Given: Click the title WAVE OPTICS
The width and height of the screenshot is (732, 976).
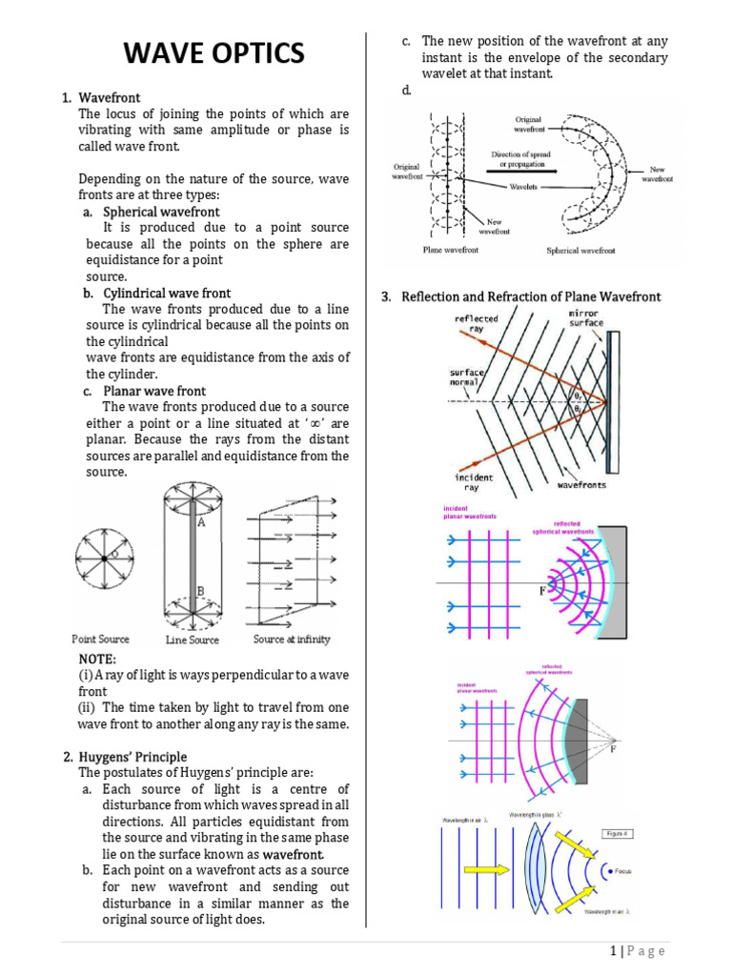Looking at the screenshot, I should [214, 53].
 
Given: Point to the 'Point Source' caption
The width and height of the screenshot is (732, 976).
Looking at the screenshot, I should [100, 639].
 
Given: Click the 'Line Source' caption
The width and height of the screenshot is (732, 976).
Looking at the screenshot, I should [192, 640].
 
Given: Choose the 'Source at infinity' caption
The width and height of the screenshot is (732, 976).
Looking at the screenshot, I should [292, 639].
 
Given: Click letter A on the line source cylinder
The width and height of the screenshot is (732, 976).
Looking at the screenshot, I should [201, 522].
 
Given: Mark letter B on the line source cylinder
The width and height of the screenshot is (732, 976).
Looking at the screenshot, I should [200, 591].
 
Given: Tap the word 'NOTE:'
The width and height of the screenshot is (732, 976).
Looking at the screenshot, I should [98, 659].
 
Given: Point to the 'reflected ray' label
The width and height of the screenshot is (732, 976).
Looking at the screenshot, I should [477, 324].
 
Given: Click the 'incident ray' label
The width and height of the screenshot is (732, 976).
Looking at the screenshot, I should [474, 482].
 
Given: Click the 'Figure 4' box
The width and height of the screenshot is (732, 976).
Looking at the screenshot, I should [619, 833].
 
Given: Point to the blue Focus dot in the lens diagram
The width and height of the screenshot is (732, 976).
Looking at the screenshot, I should [606, 870].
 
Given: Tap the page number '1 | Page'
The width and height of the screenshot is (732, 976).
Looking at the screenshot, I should [637, 951].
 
